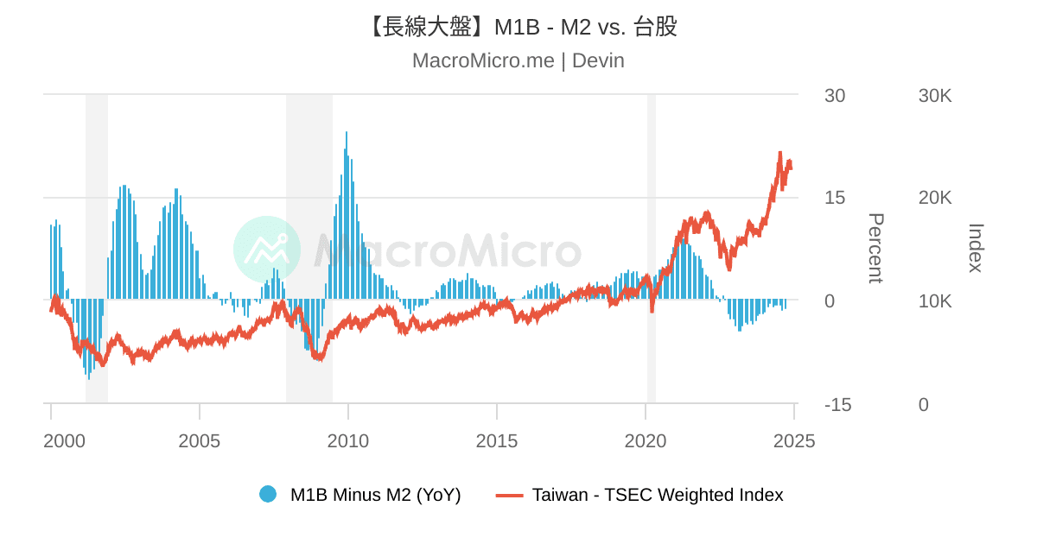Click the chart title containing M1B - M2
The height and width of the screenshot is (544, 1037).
(518, 27)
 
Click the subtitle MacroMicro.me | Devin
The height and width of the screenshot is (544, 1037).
(518, 60)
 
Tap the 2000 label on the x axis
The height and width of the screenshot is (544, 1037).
(65, 441)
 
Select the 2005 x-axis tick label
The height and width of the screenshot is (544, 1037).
(200, 441)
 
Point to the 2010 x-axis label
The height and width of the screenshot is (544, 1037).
(348, 441)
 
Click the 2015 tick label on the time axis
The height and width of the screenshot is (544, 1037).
(497, 441)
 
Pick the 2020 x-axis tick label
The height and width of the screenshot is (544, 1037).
(646, 441)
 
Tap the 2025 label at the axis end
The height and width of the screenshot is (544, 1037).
(794, 441)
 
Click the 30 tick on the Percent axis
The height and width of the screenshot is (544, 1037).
(835, 96)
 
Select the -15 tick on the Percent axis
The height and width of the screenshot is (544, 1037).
(837, 405)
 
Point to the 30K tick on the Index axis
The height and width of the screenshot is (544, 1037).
(935, 96)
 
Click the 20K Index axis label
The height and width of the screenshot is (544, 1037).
(935, 198)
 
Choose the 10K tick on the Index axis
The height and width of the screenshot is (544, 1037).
(935, 301)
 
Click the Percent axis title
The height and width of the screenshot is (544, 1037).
(875, 249)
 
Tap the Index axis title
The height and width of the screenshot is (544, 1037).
(976, 249)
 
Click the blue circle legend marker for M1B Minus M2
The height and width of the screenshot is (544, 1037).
(268, 495)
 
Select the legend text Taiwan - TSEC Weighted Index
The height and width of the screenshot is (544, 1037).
(658, 495)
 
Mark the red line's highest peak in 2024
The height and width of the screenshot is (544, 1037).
(780, 154)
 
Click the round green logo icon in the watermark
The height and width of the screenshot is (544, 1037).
(267, 249)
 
